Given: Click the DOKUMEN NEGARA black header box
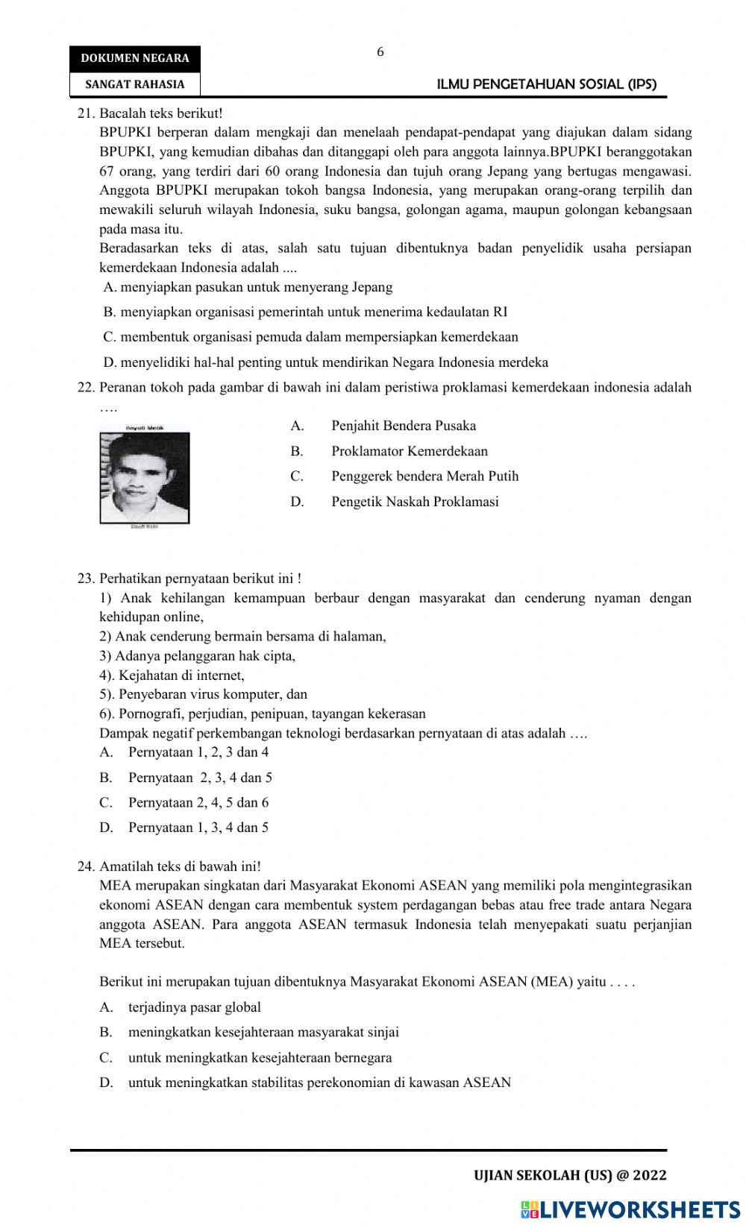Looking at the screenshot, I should (135, 58).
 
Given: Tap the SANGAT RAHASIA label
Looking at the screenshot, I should (135, 84).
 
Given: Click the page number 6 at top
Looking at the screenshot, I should (380, 52).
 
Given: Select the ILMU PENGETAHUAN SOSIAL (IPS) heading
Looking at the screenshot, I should (546, 84).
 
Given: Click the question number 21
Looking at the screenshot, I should (87, 113).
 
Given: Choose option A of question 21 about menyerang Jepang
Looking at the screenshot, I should (248, 287).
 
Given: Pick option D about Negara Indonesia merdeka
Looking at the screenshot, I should (326, 363).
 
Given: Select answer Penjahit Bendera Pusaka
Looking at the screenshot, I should (403, 426).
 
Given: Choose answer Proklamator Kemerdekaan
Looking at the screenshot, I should (409, 451).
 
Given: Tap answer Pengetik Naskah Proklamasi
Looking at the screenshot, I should (415, 502).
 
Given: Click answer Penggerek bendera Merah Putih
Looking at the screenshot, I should (424, 476).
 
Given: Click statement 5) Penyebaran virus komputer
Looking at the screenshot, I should (204, 694).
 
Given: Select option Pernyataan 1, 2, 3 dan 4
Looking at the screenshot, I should (198, 752).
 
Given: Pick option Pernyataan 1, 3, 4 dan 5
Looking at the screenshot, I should (198, 828).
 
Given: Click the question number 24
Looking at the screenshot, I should (87, 866).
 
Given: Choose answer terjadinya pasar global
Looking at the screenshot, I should (194, 1008).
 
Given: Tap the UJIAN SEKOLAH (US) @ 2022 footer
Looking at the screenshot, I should (570, 1176).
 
